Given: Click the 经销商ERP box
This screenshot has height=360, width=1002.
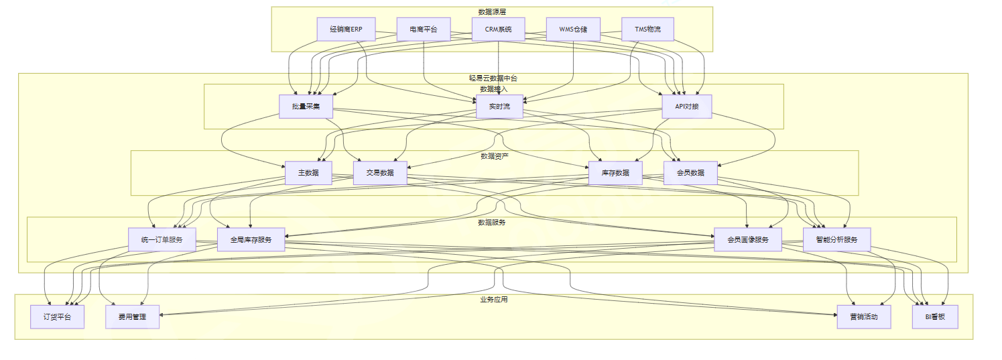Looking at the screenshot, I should click(346, 29).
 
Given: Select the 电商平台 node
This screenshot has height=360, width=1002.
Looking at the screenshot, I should click(423, 29).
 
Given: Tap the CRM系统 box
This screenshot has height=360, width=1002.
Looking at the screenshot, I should click(498, 29).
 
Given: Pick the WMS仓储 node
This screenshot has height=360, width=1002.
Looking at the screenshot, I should click(573, 29).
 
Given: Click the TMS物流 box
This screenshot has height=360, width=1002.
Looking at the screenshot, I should click(647, 29).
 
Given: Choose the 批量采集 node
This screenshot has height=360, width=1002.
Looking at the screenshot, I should click(306, 107).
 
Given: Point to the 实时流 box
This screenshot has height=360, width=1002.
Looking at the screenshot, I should click(499, 107).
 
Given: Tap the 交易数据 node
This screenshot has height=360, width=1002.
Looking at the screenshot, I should click(380, 173).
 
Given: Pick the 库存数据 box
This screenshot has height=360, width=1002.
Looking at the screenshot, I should click(615, 173).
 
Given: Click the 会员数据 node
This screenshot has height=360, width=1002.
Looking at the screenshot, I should click(690, 173).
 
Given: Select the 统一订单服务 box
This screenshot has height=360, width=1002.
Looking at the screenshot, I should click(162, 239).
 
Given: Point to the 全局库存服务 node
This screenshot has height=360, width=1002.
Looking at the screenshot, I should click(251, 239).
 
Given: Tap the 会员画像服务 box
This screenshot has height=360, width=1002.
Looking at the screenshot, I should click(747, 239).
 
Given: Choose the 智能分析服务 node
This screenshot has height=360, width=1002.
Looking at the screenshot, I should click(836, 239).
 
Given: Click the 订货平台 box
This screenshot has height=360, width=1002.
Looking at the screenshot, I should click(57, 316).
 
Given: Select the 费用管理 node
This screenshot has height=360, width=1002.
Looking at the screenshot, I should click(132, 316).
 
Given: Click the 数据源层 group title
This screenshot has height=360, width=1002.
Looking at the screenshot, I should click(492, 12).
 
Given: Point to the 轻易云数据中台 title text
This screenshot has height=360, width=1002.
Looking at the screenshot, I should click(493, 78).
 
